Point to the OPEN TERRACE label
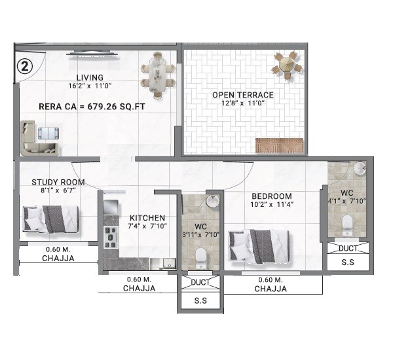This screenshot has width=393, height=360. point(242,95)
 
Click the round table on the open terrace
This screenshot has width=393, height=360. point(287,66)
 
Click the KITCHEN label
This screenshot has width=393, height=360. point(147,218)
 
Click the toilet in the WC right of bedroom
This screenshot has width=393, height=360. point(348,225)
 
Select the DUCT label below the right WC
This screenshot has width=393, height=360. point(348,249)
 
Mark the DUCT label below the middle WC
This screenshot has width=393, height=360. point(201,282)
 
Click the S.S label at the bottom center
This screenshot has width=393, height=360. point(201,302)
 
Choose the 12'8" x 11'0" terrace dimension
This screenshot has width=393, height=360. point(242,104)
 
